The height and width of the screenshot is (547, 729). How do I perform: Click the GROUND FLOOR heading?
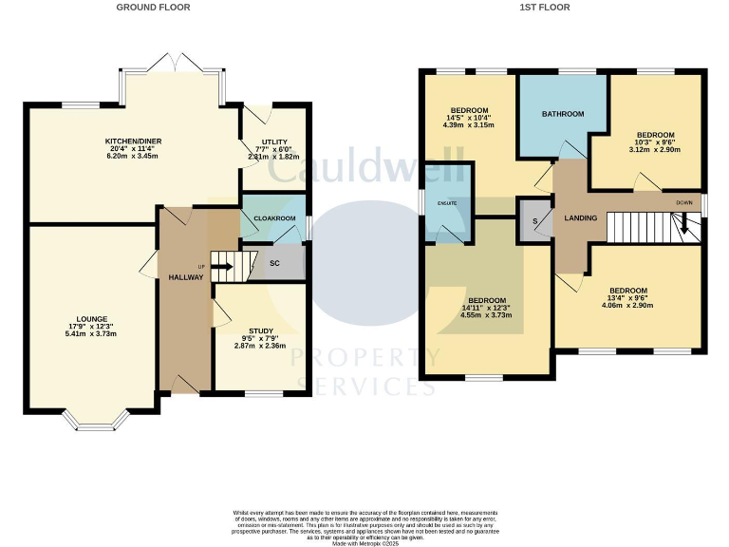click(x=153, y=7)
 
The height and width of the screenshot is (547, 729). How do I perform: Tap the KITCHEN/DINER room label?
click(x=133, y=141)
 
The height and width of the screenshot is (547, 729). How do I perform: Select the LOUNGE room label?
click(x=92, y=319)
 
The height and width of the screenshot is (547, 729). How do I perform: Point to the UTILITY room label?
click(x=272, y=142)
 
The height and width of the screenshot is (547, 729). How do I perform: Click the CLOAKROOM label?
click(x=272, y=217)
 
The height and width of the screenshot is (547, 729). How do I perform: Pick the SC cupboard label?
click(x=274, y=263)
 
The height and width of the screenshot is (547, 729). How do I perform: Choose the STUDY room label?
click(x=259, y=330)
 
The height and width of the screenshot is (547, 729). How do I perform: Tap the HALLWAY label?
click(x=185, y=277)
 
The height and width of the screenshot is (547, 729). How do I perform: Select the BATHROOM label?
click(x=563, y=114)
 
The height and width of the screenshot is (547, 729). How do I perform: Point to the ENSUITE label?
click(x=447, y=203)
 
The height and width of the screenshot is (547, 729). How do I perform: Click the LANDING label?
click(x=581, y=218)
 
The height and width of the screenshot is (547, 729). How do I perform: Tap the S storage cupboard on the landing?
click(x=535, y=221)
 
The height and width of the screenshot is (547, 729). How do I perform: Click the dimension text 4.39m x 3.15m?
click(x=469, y=125)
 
